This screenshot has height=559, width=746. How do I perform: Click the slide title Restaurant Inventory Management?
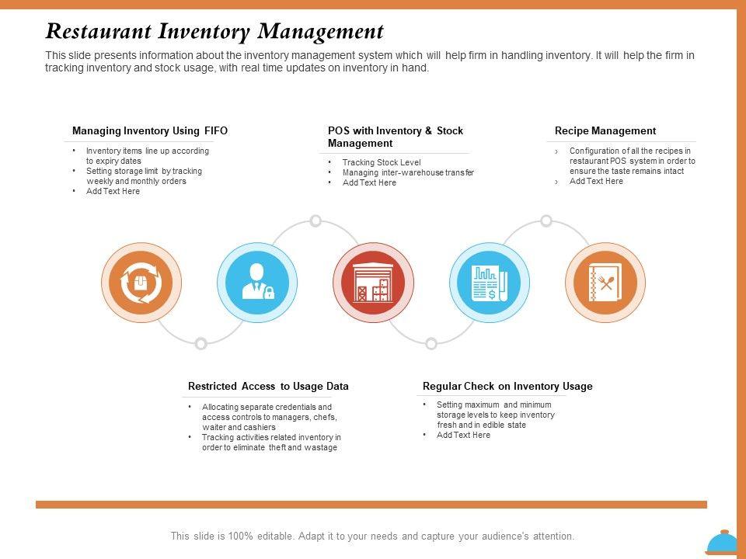click(214, 32)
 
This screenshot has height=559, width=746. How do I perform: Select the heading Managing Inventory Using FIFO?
click(150, 131)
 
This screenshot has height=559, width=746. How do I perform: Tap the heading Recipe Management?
click(605, 131)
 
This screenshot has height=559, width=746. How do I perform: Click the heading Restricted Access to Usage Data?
click(268, 387)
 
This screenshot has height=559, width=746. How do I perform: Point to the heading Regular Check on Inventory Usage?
click(507, 387)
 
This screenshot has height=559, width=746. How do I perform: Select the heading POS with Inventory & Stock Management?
click(396, 137)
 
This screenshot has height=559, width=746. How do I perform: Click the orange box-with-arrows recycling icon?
click(141, 283)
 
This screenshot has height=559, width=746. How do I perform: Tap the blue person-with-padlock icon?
click(257, 283)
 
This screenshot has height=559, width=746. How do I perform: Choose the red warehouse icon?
click(373, 283)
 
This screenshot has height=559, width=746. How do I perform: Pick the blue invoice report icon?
click(490, 283)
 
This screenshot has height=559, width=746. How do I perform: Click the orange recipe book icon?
click(605, 283)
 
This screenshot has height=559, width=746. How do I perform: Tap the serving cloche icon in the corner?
click(722, 543)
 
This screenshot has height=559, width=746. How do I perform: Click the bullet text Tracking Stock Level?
click(382, 163)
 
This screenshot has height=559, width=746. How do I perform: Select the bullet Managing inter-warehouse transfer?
click(408, 173)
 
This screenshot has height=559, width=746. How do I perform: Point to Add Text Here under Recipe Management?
click(596, 182)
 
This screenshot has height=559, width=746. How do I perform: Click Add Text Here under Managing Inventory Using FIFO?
click(113, 192)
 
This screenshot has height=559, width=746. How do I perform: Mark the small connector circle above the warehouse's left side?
click(315, 221)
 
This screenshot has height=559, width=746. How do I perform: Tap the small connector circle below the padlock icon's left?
click(200, 343)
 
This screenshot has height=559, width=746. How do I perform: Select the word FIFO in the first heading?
click(215, 131)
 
